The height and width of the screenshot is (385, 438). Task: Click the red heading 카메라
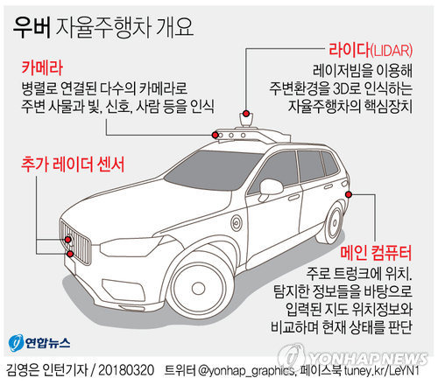(42, 67)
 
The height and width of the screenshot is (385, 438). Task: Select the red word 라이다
(350, 50)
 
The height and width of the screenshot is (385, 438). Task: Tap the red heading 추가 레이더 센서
(73, 164)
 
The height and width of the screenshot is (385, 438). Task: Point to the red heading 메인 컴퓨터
(376, 253)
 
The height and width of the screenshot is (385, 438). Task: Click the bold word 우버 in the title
(32, 28)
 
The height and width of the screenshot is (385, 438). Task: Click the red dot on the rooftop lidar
(246, 113)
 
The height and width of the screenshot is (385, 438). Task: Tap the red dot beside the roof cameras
(215, 135)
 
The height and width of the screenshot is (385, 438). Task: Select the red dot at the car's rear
(349, 194)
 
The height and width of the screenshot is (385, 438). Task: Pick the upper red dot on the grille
(68, 240)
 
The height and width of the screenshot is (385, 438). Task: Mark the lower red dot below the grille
(70, 254)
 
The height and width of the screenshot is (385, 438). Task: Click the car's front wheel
(198, 287)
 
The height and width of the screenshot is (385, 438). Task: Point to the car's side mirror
(270, 188)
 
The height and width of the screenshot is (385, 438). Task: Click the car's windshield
(212, 170)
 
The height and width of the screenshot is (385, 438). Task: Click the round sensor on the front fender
(237, 223)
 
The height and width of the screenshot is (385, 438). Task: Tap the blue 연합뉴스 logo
(39, 343)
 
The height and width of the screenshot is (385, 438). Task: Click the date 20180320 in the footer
(126, 370)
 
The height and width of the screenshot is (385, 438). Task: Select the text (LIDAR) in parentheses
(392, 51)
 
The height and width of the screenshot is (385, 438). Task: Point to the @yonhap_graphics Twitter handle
(246, 371)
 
